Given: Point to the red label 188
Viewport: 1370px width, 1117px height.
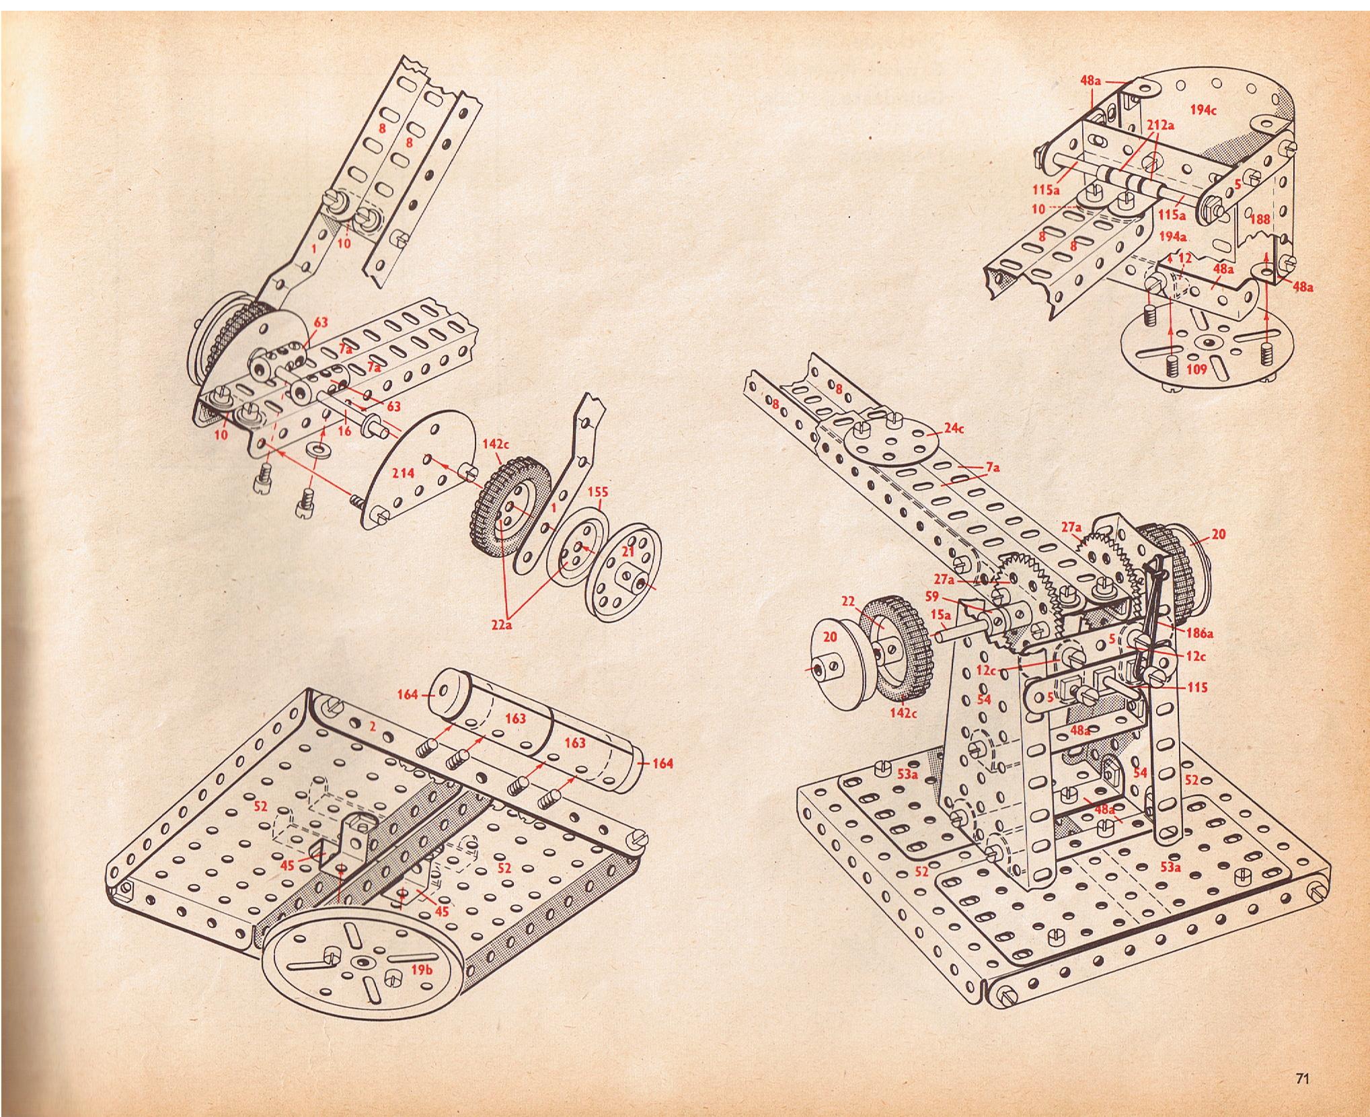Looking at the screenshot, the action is tap(1259, 219).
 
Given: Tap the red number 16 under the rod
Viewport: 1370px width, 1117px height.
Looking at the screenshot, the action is tap(345, 431).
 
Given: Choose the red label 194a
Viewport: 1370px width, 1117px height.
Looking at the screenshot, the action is tap(1173, 236).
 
